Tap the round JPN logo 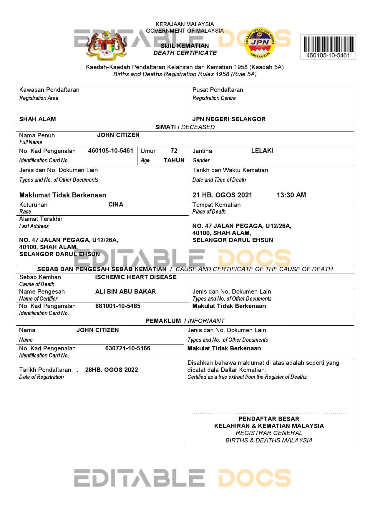tap(260, 43)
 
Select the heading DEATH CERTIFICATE tap(185, 53)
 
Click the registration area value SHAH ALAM tap(37, 119)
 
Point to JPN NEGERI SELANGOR tap(229, 119)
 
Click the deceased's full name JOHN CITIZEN tap(118, 135)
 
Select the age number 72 tap(174, 151)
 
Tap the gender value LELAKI tap(262, 151)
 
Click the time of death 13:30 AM tap(291, 195)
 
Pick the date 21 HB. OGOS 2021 tap(222, 195)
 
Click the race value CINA tap(116, 204)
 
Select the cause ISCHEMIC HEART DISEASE tap(136, 277)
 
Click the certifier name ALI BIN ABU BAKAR tap(125, 292)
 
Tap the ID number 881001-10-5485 tap(118, 306)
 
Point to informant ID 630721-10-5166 tap(128, 348)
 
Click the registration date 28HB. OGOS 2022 tap(112, 370)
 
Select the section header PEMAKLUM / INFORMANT tap(185, 321)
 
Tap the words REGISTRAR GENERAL tap(269, 433)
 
